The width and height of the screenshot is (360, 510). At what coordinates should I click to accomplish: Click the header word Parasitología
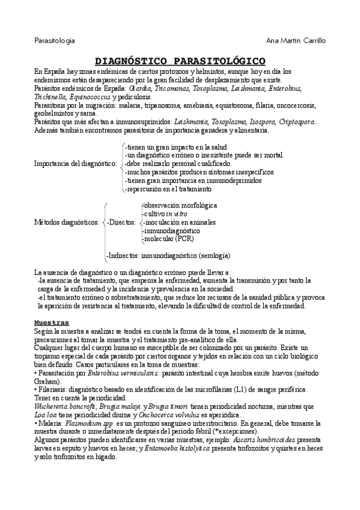54,41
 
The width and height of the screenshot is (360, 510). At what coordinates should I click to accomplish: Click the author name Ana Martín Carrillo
295,41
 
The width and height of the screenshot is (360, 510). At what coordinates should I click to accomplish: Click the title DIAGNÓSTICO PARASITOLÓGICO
181,61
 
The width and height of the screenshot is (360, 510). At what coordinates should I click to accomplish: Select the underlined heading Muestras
52,322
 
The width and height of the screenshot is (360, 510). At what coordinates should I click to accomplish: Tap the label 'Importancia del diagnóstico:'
75,163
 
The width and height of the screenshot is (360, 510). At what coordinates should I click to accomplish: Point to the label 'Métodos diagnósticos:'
67,223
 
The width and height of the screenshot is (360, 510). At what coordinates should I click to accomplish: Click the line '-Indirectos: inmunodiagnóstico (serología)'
168,255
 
